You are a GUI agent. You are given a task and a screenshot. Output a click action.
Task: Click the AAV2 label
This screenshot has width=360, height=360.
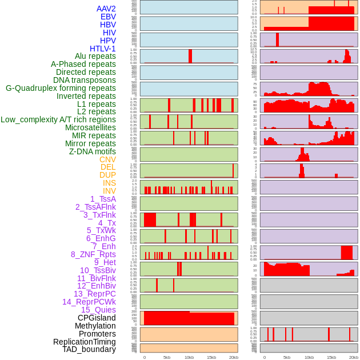click(x=106, y=9)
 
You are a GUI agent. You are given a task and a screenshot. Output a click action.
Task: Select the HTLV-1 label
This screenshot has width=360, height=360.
click(x=103, y=49)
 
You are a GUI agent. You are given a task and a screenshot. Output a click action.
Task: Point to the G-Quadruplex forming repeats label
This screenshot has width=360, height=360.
click(x=61, y=88)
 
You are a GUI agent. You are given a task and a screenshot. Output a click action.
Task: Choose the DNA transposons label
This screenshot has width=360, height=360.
click(x=85, y=80)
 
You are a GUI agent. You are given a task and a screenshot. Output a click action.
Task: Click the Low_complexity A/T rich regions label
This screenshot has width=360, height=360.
click(x=58, y=119)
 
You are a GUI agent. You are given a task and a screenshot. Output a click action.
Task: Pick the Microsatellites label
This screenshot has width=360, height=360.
click(x=90, y=127)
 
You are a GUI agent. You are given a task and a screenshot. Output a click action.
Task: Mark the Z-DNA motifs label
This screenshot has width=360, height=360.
click(x=93, y=151)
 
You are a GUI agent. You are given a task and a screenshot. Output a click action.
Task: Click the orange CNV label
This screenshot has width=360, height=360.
click(x=107, y=159)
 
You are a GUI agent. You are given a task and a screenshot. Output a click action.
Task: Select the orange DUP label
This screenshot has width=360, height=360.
click(x=107, y=175)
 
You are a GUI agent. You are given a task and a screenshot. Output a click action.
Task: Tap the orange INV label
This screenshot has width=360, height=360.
click(x=109, y=191)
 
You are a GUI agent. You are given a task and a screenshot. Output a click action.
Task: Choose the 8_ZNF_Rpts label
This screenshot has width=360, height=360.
click(x=93, y=254)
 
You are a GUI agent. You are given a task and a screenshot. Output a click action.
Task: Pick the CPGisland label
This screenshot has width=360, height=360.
click(x=97, y=318)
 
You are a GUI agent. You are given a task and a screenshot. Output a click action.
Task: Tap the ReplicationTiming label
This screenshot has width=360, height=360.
click(x=84, y=342)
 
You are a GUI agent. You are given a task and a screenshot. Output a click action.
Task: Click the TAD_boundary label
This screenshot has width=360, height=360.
click(x=89, y=349)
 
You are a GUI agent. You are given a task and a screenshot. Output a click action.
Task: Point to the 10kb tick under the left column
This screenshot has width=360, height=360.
click(x=189, y=357)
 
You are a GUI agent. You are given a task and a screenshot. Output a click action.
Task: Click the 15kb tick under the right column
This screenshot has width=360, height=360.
click(x=331, y=357)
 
